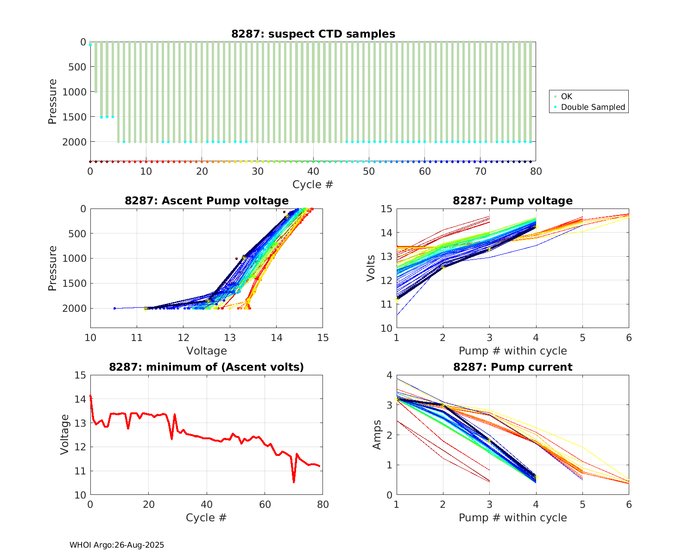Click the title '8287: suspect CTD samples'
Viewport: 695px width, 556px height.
click(313, 34)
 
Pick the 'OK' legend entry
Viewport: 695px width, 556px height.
click(566, 96)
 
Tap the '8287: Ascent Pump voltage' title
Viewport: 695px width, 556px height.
click(207, 201)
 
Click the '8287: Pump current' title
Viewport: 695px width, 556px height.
click(512, 367)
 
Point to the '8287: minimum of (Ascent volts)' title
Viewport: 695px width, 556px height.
click(207, 367)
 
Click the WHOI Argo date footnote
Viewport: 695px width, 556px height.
click(117, 545)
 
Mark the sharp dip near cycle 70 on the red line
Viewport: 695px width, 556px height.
click(294, 482)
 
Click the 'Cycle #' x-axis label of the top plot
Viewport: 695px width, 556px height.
click(313, 184)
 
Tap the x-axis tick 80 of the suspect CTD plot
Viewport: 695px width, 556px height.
click(536, 171)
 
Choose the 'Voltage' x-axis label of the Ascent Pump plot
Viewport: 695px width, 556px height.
click(207, 351)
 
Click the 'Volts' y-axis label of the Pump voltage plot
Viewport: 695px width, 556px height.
click(371, 268)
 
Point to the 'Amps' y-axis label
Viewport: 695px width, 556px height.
click(377, 435)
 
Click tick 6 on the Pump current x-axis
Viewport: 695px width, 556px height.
click(629, 505)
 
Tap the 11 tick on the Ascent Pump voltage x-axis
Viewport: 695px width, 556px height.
click(137, 338)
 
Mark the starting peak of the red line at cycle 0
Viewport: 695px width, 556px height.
click(90, 396)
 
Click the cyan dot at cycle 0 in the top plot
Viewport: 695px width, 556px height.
click(90, 45)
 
